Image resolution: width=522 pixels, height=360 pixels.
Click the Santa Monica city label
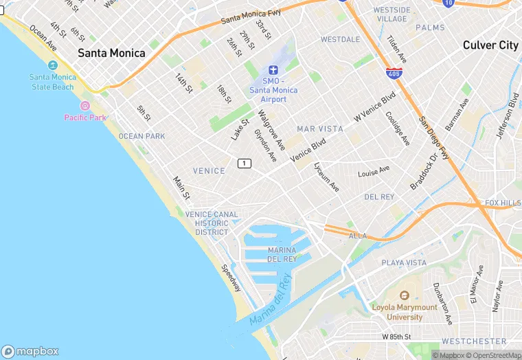tap(111, 53)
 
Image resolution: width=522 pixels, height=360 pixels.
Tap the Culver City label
tap(490, 45)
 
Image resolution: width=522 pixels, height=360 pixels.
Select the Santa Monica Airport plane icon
tap(273, 70)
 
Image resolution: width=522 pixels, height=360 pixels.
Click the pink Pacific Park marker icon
tap(85, 106)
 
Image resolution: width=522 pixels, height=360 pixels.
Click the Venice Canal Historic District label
tap(212, 223)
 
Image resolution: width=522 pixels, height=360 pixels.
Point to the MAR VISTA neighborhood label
tap(319, 128)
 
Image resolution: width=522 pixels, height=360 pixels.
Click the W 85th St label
tap(396, 337)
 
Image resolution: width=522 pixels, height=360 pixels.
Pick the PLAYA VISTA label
tap(404, 263)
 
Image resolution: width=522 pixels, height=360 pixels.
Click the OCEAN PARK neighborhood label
tap(141, 136)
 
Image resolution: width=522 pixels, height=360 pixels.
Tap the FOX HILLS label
tap(503, 203)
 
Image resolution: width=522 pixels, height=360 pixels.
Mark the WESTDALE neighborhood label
tap(340, 39)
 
